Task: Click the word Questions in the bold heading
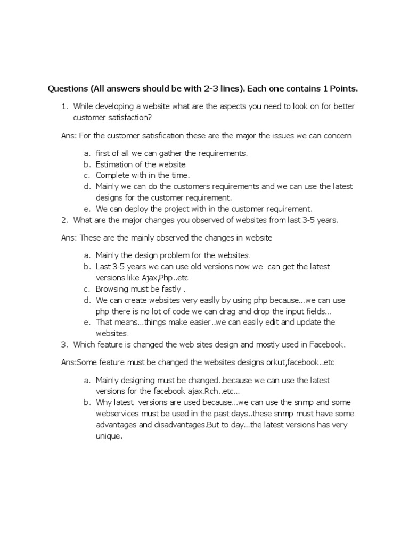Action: pyautogui.click(x=68, y=88)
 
